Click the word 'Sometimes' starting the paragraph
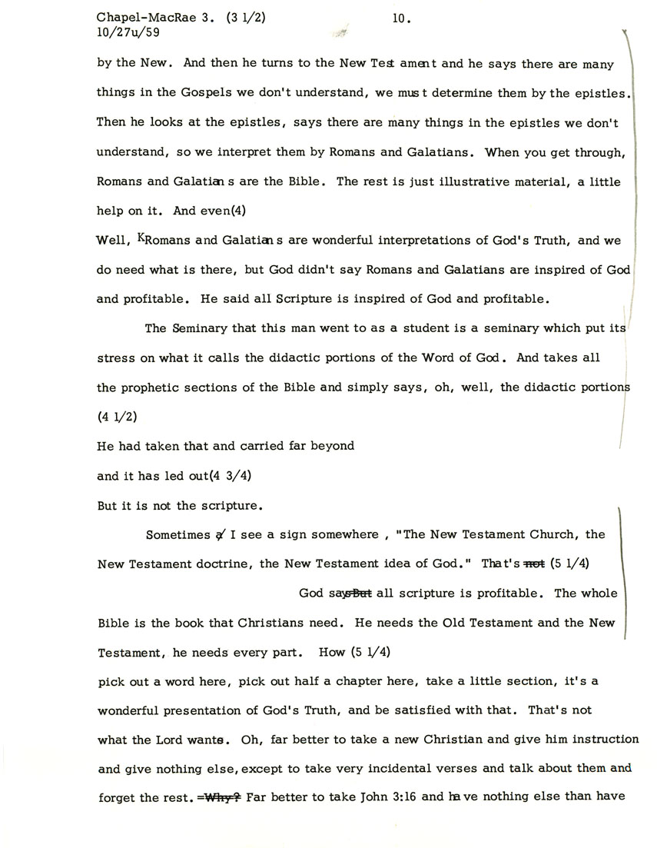click(177, 534)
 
